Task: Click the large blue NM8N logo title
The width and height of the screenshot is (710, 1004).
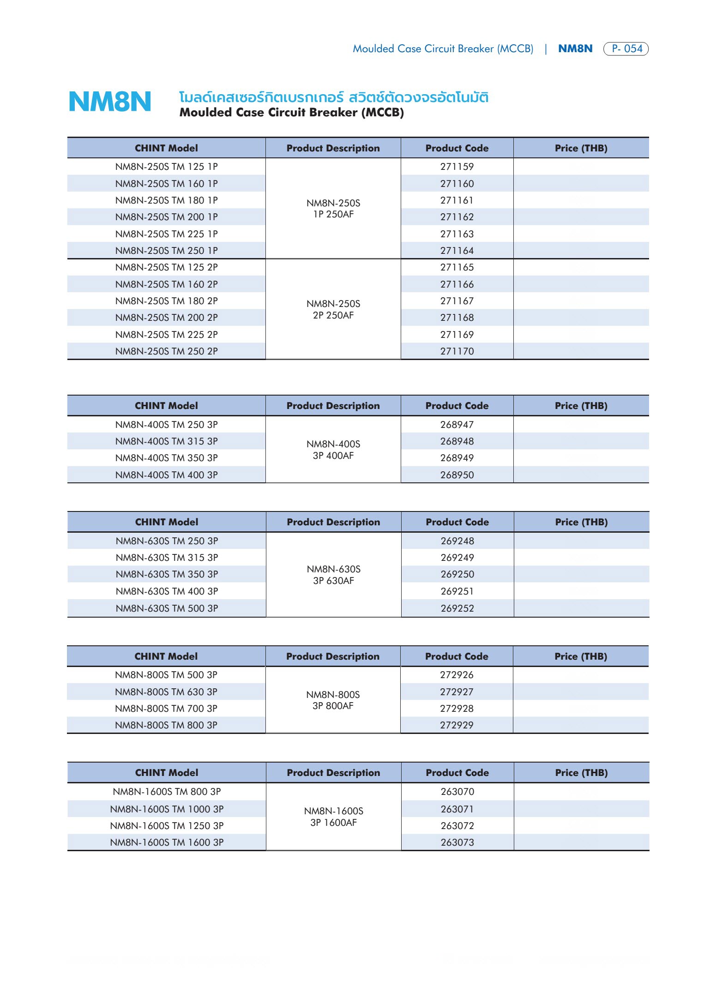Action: [110, 102]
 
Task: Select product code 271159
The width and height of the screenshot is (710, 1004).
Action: [457, 167]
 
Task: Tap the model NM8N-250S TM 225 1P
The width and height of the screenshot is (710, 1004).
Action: [166, 234]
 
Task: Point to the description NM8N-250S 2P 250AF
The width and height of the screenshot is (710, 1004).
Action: [333, 309]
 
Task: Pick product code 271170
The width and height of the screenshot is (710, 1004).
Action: [457, 351]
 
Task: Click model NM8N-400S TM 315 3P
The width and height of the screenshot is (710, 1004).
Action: [166, 441]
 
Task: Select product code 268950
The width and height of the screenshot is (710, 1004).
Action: [457, 475]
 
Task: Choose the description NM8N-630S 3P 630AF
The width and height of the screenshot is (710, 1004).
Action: [333, 575]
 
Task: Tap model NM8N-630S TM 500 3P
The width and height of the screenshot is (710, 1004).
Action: [167, 608]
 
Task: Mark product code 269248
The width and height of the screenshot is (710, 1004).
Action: [457, 541]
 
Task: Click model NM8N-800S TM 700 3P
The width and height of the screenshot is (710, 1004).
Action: [166, 709]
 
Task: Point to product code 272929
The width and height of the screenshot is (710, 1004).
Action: [456, 725]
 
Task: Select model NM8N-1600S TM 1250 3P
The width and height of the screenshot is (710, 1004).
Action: [167, 826]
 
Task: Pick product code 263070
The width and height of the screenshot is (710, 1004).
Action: [457, 792]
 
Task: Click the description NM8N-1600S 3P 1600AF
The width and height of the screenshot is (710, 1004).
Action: [333, 817]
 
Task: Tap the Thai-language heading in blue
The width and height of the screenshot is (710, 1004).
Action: [333, 97]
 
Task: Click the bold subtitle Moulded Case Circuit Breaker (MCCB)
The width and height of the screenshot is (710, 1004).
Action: [291, 113]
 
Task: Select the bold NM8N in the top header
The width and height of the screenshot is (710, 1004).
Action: [575, 48]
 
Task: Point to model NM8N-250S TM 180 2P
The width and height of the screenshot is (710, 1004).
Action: [166, 301]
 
